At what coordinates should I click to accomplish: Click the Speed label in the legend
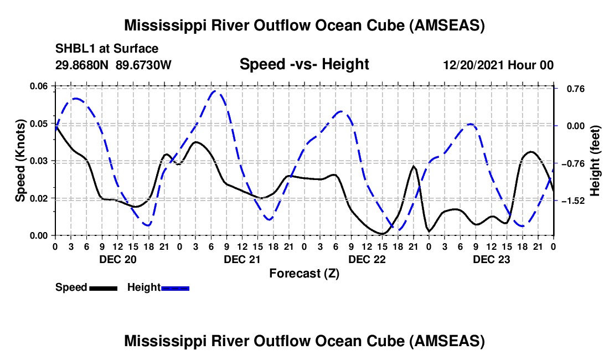(x=71, y=287)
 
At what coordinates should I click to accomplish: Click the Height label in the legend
(x=143, y=287)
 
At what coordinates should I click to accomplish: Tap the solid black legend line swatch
(x=102, y=288)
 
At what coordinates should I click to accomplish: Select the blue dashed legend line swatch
(x=175, y=288)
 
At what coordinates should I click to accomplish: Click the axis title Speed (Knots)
(x=20, y=161)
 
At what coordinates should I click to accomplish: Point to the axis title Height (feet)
(x=595, y=161)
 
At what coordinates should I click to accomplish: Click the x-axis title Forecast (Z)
(x=304, y=273)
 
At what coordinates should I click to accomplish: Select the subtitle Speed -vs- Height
(x=304, y=64)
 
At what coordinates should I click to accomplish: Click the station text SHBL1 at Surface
(x=107, y=49)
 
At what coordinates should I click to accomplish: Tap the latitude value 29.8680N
(x=82, y=65)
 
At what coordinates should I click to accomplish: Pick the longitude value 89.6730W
(x=144, y=65)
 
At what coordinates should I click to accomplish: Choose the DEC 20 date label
(x=117, y=259)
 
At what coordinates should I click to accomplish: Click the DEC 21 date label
(x=241, y=259)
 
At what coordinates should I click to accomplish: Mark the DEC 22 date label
(x=366, y=259)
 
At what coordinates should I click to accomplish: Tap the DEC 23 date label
(x=491, y=259)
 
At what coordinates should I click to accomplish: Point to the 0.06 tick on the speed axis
(x=40, y=86)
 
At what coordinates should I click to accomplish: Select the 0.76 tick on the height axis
(x=570, y=89)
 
